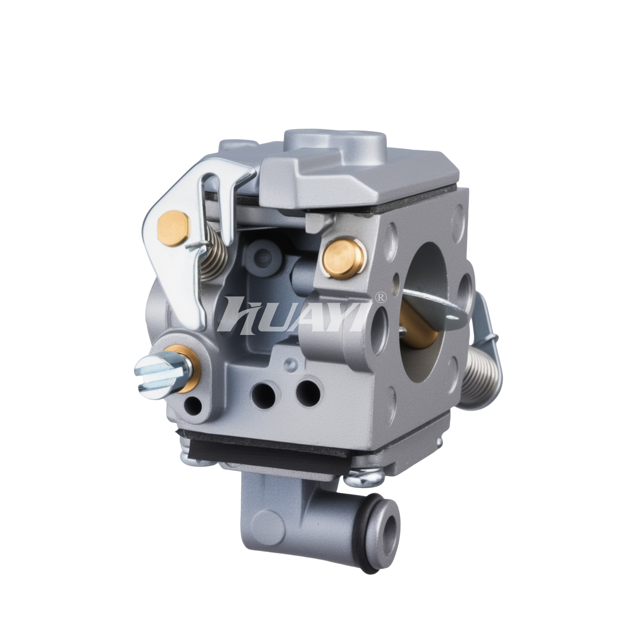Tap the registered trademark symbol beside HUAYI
point(381,298)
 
